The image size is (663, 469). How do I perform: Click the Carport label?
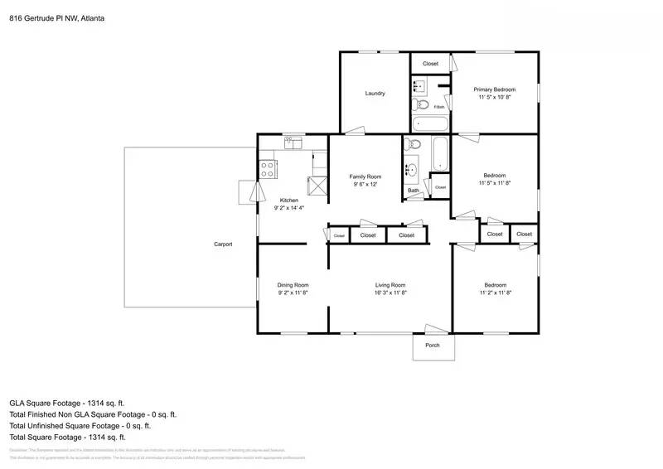click(223, 244)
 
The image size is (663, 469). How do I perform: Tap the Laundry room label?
click(375, 94)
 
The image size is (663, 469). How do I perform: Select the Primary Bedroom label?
click(495, 89)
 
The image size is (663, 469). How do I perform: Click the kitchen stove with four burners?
click(269, 170)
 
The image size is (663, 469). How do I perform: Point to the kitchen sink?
click(293, 145)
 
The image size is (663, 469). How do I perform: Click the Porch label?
click(432, 346)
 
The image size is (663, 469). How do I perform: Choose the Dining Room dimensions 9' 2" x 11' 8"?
click(293, 293)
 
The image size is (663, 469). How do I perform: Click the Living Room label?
click(390, 285)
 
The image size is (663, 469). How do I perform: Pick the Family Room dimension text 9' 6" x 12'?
click(365, 184)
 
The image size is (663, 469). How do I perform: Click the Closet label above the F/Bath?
click(430, 64)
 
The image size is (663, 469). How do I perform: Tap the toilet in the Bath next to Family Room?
click(415, 145)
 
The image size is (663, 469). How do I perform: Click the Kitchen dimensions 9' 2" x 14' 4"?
click(288, 208)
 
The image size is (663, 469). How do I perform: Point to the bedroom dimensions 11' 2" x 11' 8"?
click(495, 293)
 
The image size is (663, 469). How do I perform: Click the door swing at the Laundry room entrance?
click(354, 129)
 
